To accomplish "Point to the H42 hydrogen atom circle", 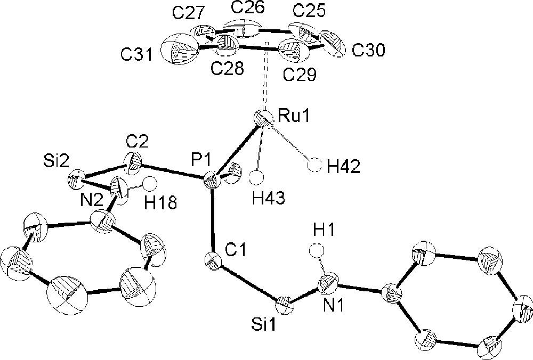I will [316, 166].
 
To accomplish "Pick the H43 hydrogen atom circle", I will [259, 176].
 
